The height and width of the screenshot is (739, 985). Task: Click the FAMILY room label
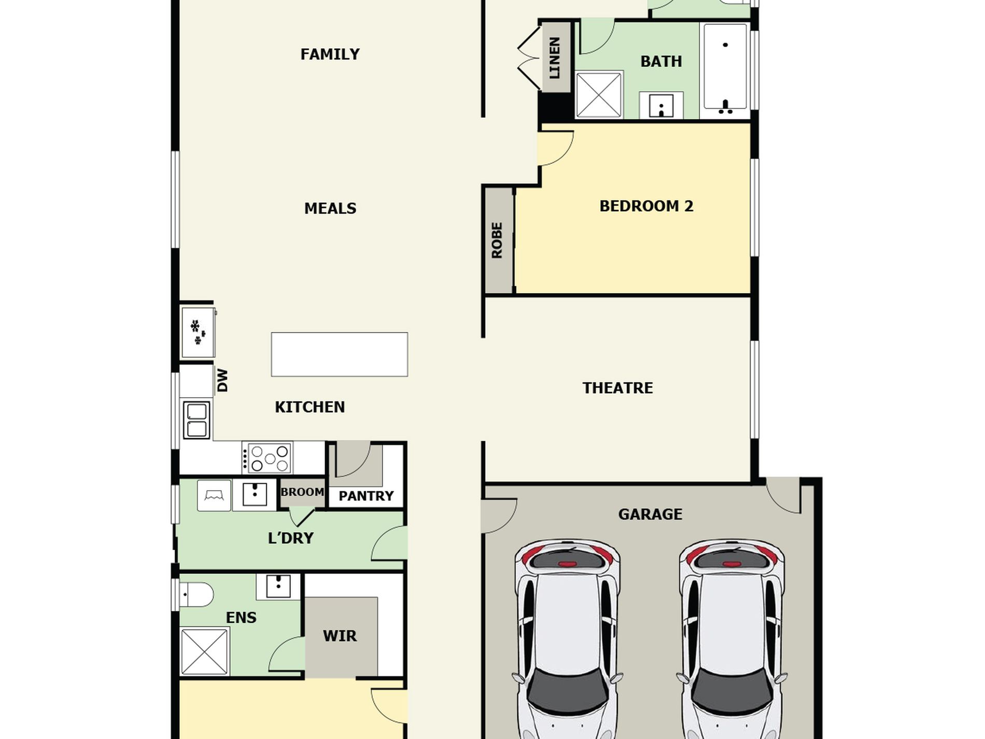tap(330, 54)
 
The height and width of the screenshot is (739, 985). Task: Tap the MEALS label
tap(330, 208)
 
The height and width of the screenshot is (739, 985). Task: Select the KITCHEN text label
tap(309, 407)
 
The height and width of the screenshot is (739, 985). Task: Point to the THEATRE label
tap(617, 388)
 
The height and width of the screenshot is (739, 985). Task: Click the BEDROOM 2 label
tap(646, 206)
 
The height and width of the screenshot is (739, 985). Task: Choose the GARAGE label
tap(650, 514)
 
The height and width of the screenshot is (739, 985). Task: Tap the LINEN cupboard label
tap(554, 58)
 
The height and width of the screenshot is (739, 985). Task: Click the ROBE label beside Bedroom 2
tap(497, 240)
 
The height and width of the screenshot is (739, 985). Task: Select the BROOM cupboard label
tap(302, 492)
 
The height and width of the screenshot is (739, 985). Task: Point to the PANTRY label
tap(366, 496)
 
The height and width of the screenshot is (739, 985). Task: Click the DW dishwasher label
tap(222, 380)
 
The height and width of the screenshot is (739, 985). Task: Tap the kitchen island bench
tap(339, 354)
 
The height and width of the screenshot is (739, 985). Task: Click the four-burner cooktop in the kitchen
tap(267, 457)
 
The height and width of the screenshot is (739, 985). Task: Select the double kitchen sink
tap(196, 420)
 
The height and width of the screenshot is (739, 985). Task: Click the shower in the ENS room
tap(204, 651)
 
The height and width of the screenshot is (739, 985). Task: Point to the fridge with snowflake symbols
tap(198, 332)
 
